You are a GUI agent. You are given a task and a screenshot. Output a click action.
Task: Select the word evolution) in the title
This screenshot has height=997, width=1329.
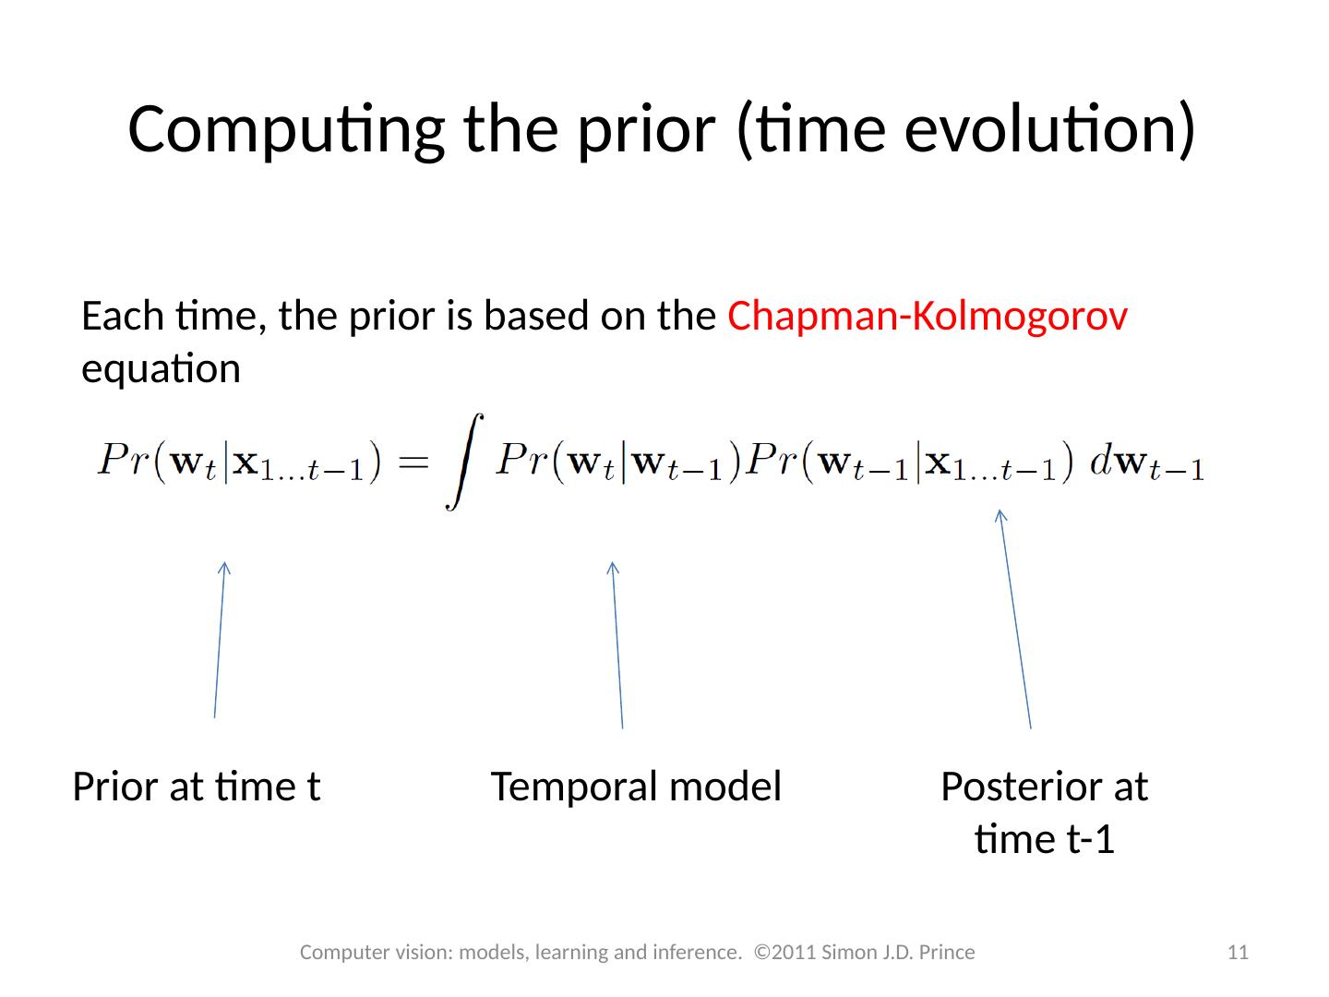tap(1050, 130)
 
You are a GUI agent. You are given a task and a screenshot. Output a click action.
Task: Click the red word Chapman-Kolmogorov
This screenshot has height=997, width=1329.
tap(928, 318)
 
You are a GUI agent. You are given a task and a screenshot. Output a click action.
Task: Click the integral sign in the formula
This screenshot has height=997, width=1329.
tap(465, 462)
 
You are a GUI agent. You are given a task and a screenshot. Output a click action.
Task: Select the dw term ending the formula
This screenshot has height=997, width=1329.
tap(1147, 463)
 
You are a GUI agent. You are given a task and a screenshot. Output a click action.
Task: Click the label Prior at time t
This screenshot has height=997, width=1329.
tap(197, 787)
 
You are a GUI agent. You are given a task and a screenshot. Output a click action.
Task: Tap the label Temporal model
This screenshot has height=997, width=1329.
tap(636, 787)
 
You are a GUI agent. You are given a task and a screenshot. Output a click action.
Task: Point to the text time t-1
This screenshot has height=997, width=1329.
tap(1045, 840)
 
